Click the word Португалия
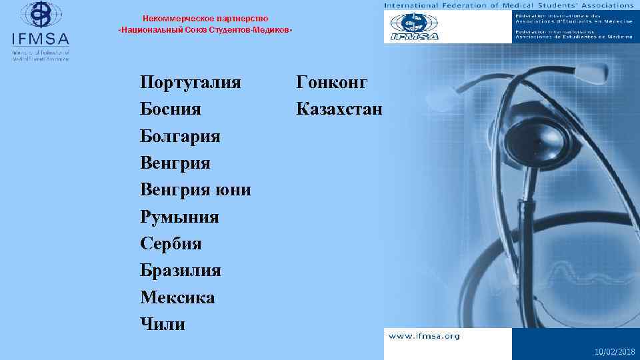191,83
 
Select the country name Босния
171,109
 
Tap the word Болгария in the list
181,136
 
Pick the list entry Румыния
179,217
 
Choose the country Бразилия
181,271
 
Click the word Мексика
177,297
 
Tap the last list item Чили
163,324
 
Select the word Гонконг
332,83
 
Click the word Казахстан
340,109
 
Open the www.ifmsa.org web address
424,336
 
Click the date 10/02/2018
615,351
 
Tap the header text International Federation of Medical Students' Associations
509,5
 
